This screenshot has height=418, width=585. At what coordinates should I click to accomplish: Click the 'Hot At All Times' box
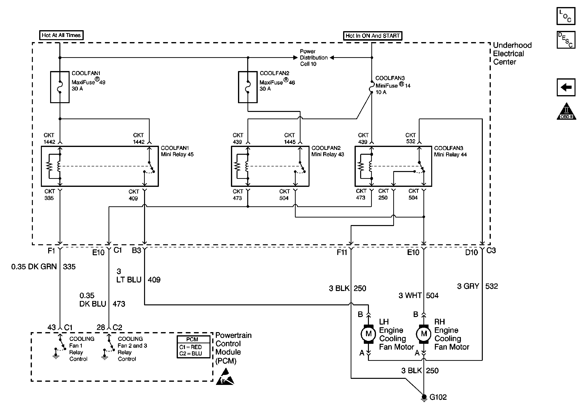(x=61, y=35)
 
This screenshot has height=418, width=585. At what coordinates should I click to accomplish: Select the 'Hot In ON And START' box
(x=372, y=36)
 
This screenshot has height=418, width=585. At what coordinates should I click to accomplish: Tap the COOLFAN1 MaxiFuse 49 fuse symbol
(x=60, y=87)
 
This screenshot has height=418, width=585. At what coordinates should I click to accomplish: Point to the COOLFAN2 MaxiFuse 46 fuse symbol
(x=247, y=87)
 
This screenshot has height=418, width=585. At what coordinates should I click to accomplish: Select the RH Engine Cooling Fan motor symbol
(x=424, y=334)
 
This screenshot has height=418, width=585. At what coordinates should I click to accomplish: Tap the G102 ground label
(x=438, y=397)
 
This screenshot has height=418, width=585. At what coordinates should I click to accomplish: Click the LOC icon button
(x=566, y=16)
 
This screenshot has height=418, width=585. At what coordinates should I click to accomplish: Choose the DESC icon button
(x=566, y=40)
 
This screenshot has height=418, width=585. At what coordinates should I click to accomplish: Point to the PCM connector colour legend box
(x=193, y=347)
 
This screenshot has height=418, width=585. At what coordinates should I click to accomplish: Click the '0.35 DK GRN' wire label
(x=34, y=267)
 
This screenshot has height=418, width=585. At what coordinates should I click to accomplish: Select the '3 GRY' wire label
(x=468, y=286)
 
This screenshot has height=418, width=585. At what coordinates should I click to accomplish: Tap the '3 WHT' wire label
(x=410, y=295)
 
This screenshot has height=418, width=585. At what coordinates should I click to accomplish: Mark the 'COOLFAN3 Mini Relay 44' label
(x=450, y=151)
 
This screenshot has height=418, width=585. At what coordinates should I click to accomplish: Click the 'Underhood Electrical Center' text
(x=512, y=54)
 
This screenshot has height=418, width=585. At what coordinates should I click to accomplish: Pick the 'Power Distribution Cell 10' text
(x=313, y=58)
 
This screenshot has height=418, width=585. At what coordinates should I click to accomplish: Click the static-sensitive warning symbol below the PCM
(x=225, y=377)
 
